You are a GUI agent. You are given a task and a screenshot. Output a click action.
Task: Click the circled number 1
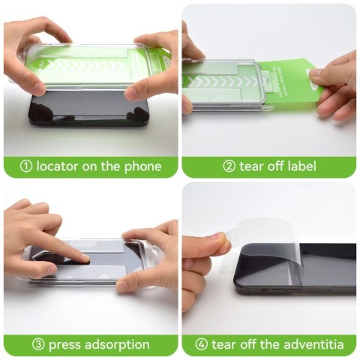[26, 166]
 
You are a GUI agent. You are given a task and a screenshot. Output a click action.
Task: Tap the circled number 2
[229, 166]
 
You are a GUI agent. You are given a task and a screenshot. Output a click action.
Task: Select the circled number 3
[38, 345]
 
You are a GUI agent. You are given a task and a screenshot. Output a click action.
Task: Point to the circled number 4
[202, 345]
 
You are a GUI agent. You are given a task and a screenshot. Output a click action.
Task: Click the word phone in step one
[142, 167]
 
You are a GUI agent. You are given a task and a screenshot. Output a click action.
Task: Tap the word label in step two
[301, 166]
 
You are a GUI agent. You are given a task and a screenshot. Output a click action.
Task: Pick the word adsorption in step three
[117, 345]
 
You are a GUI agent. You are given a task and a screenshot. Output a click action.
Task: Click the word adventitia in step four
[313, 344]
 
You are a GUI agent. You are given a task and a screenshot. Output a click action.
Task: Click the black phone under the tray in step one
[88, 110]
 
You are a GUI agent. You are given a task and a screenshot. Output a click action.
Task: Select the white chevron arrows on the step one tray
[89, 66]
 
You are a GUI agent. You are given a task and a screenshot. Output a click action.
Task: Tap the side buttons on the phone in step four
[281, 291]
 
